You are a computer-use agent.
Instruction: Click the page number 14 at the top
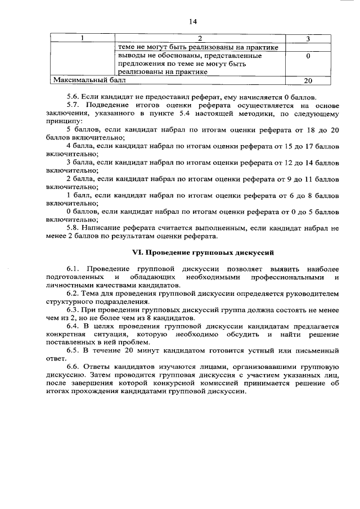point(192,21)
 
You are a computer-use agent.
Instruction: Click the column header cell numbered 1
point(83,39)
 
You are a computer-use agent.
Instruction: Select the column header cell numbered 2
point(200,39)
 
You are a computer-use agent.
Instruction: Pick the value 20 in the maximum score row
point(308,81)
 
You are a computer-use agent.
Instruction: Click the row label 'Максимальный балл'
point(85,81)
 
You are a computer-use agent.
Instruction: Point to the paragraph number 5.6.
point(73,97)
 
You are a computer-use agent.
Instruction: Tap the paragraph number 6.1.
point(73,269)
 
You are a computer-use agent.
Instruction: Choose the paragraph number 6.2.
point(73,294)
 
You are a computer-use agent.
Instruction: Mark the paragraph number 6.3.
point(73,310)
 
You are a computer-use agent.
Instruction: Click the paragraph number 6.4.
point(73,326)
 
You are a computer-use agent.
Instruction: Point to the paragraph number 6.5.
point(73,350)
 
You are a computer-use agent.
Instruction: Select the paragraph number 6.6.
point(73,367)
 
